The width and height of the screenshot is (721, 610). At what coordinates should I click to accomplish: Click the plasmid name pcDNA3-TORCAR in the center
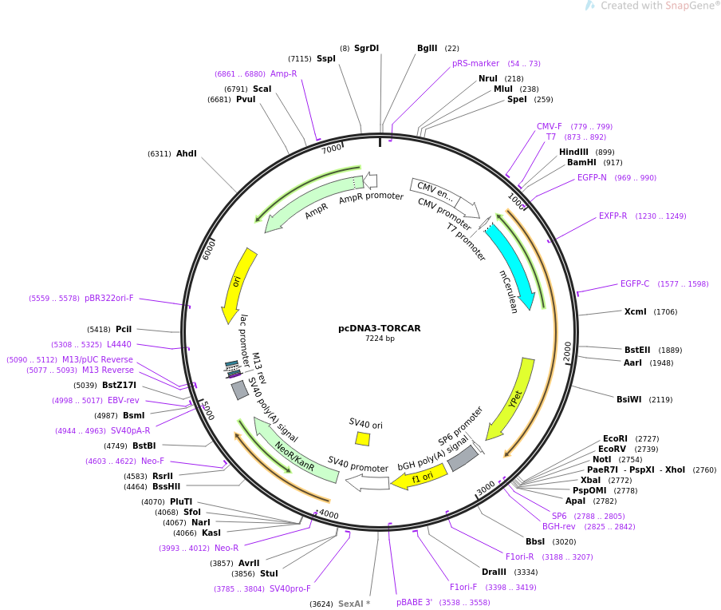coord(380,328)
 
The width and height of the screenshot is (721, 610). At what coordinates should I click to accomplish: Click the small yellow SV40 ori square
coord(362,438)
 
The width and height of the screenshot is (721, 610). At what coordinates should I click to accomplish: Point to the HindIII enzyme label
coord(573,152)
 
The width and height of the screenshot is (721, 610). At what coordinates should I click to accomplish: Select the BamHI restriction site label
coord(581,163)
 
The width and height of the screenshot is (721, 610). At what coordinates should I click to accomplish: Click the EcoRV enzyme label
coord(612,449)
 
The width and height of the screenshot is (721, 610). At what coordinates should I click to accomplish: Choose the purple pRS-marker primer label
coord(475,64)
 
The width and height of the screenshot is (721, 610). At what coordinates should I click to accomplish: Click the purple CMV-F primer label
coord(549,126)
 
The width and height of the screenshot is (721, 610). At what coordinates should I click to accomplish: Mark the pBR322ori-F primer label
coord(109,299)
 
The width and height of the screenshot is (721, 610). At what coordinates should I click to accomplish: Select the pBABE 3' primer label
coord(414,602)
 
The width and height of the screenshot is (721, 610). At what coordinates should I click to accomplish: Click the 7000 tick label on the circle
coord(332,149)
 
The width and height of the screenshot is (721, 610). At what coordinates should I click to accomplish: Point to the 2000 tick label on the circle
coord(567,352)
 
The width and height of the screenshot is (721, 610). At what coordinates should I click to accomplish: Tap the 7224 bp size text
coord(380,339)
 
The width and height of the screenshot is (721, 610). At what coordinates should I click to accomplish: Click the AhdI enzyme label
coord(186,154)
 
